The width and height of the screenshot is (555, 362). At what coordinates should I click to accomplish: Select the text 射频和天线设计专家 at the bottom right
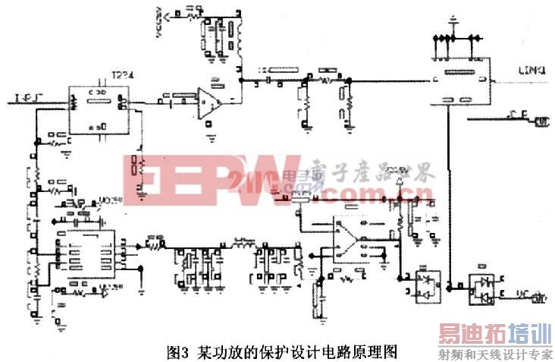coord(493,354)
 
